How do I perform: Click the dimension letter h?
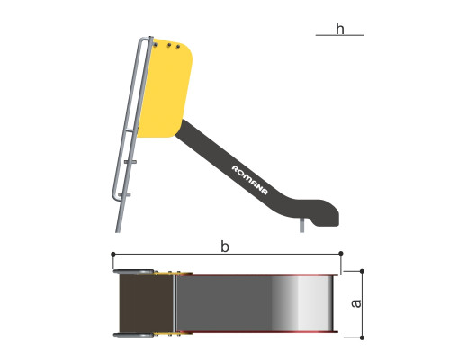point(340,29)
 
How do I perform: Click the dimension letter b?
point(225,247)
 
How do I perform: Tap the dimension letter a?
point(356,303)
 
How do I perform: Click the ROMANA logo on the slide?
point(249,180)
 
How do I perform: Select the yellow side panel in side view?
point(165,88)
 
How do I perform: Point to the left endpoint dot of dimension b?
point(113,254)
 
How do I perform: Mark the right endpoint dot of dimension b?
point(341,254)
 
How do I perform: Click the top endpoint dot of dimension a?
point(362,271)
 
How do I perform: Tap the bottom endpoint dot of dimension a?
point(362,337)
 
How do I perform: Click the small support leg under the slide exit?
point(301,225)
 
